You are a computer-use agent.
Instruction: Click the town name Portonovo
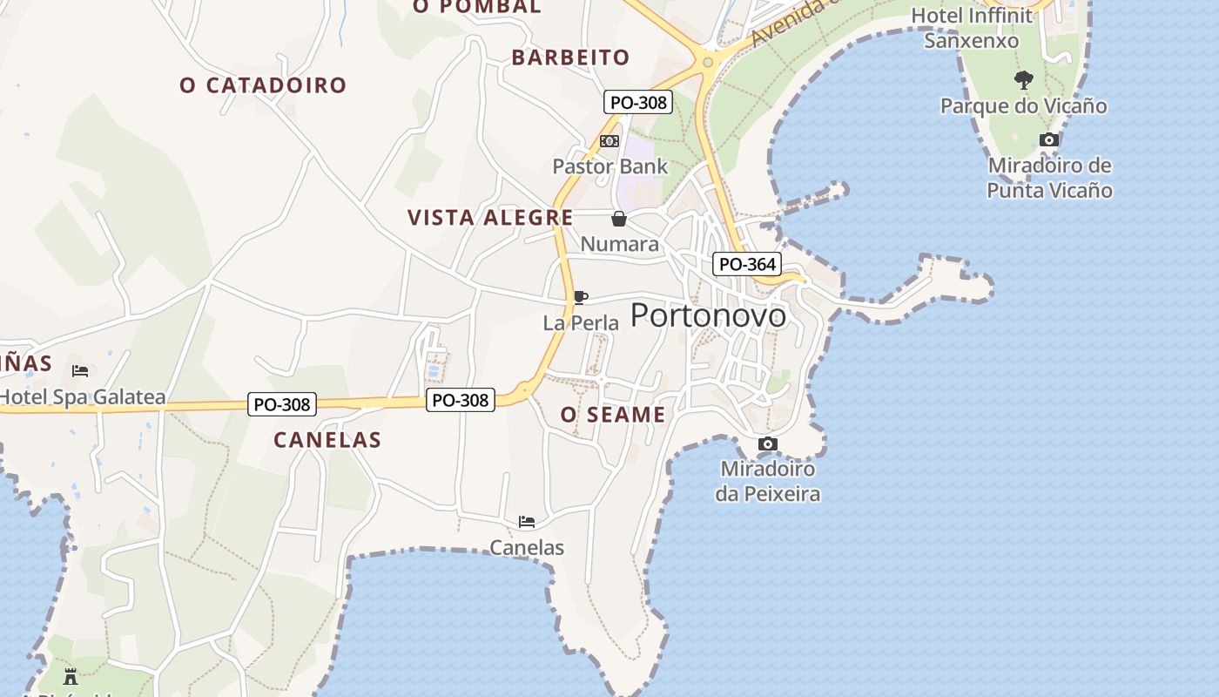[708, 315]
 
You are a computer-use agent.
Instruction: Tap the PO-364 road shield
[746, 264]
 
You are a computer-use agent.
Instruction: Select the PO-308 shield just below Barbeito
[638, 102]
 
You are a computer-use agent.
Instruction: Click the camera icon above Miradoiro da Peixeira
[767, 444]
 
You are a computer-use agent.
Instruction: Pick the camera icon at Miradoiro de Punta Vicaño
[1049, 139]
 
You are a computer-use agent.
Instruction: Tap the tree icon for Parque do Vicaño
[1024, 80]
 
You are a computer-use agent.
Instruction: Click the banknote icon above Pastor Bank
[609, 141]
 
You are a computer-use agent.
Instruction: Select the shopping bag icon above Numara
[619, 219]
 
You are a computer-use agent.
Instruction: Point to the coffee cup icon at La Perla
[580, 298]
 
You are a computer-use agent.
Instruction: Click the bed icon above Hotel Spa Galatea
[80, 371]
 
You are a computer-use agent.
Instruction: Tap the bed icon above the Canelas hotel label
[527, 522]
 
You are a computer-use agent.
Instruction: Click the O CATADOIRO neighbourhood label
[263, 85]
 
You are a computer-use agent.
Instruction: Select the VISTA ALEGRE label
[490, 218]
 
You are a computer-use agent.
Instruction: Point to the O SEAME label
[613, 415]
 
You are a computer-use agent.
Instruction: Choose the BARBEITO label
[570, 58]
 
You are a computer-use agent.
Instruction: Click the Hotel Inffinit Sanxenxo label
[971, 28]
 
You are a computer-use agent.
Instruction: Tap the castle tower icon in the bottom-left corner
[71, 675]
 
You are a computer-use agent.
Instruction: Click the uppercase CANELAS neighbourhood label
[327, 440]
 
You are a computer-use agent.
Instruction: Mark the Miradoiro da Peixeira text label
[768, 482]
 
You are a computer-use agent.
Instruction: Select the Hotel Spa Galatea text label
[83, 398]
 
